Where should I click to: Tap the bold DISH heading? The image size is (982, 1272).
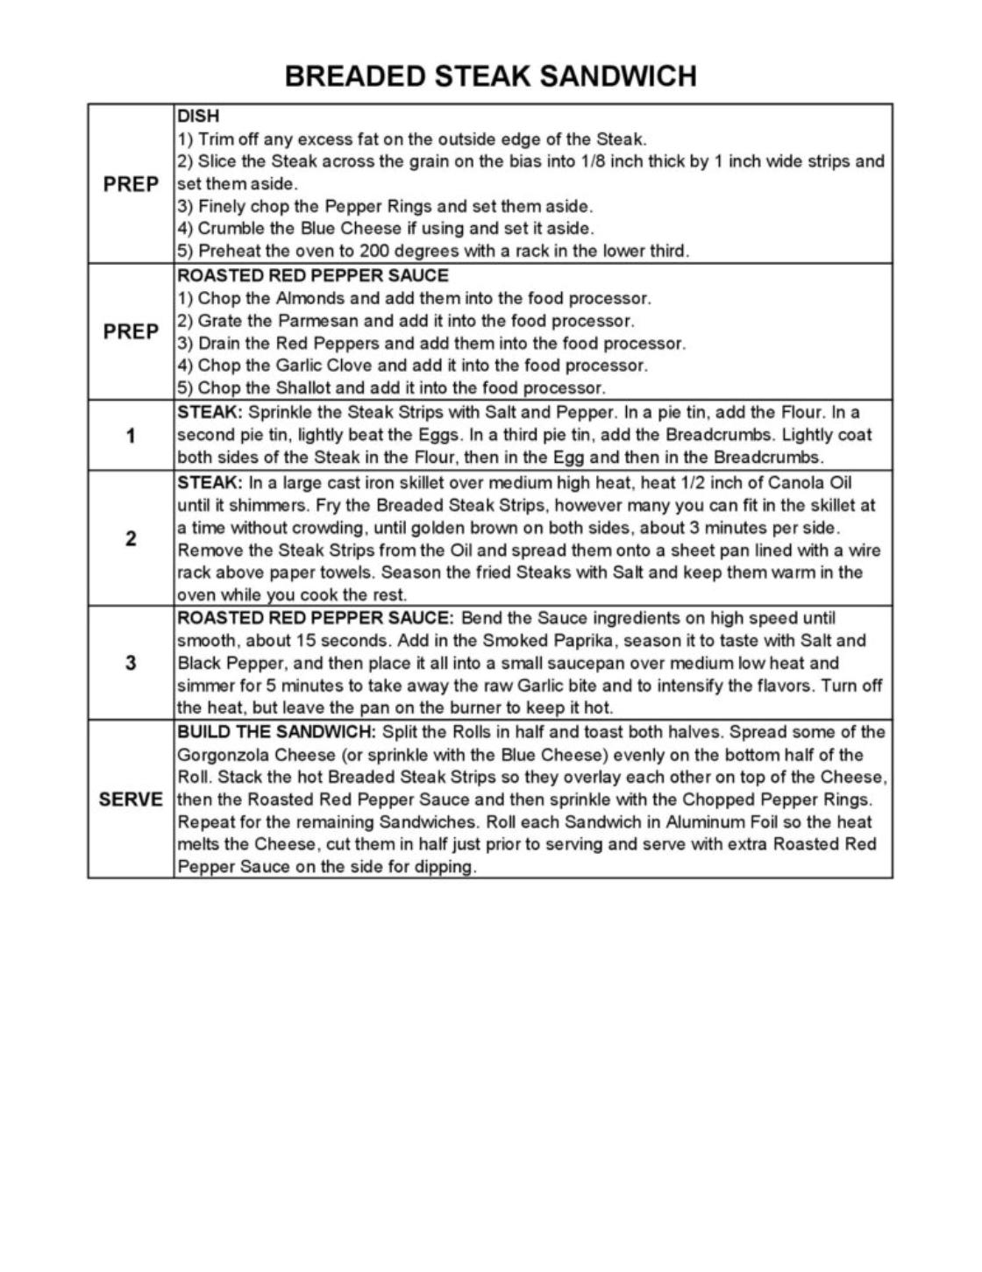coord(198,116)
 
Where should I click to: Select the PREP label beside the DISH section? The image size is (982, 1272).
coord(131,184)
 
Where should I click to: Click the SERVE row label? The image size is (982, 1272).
coord(131,799)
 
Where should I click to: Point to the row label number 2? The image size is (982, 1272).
coord(131,538)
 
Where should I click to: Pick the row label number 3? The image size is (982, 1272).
coord(131,663)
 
